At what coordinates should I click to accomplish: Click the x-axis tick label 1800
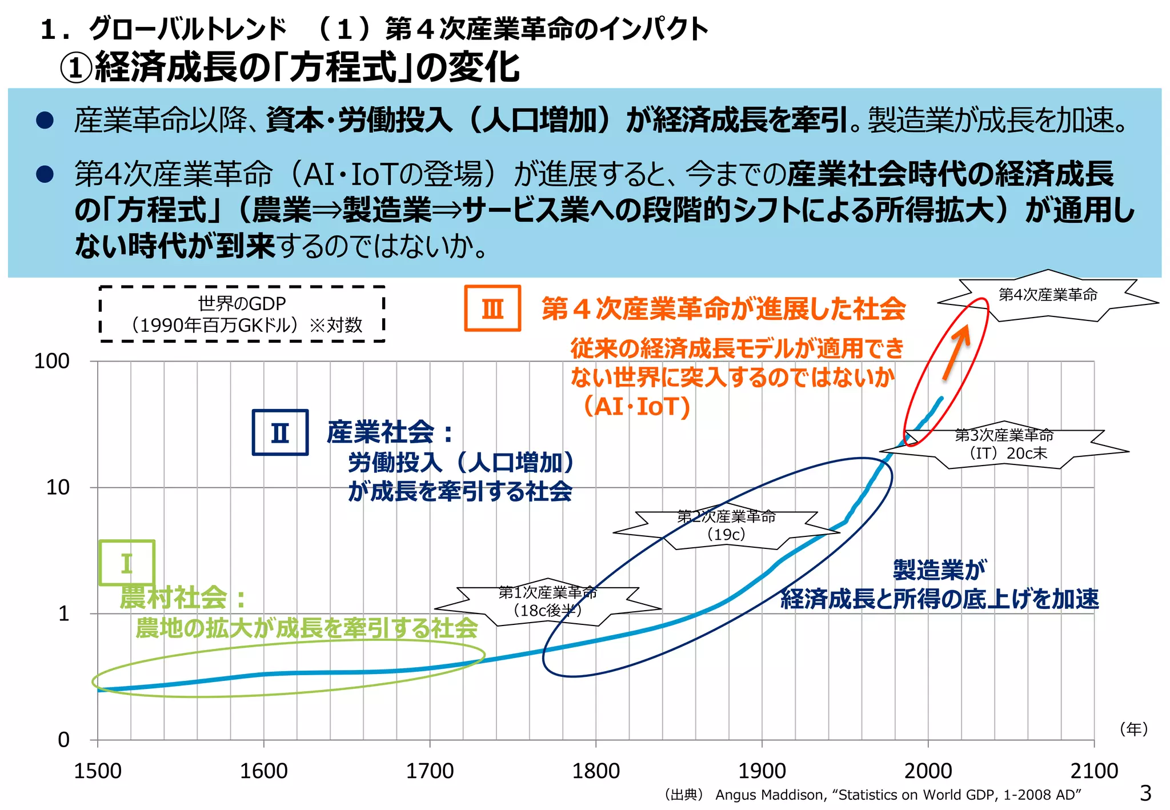tap(595, 771)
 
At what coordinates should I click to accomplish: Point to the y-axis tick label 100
tap(51, 361)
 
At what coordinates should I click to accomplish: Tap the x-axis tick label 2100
tap(1093, 771)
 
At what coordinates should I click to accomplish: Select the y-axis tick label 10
tap(57, 487)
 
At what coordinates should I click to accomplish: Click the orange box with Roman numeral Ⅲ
tap(492, 308)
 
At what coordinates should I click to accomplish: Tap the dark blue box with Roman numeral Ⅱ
tap(280, 432)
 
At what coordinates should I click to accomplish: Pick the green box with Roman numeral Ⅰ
tap(127, 563)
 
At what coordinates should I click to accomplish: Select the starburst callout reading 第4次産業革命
tap(1048, 295)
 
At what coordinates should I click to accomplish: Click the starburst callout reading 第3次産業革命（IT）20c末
tap(1004, 444)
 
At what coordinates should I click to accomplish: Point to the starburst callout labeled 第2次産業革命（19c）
tap(726, 526)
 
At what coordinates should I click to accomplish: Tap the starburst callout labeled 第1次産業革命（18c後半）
tap(547, 602)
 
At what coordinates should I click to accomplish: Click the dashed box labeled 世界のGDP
tap(242, 314)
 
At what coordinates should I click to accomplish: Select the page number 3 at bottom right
tap(1145, 793)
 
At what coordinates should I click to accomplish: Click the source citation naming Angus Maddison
tap(873, 795)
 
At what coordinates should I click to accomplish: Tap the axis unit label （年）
tap(1133, 729)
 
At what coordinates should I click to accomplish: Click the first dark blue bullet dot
tap(45, 120)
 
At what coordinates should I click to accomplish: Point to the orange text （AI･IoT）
tap(636, 407)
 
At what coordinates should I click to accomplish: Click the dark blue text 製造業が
tap(939, 570)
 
